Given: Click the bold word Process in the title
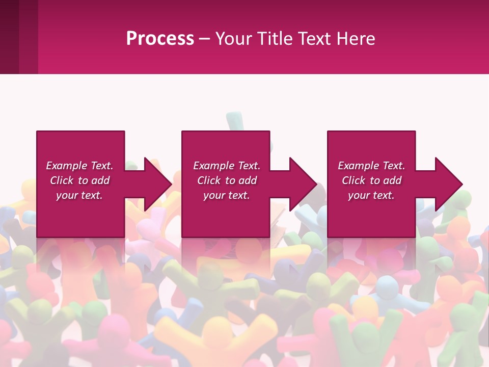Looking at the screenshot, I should coord(160,39).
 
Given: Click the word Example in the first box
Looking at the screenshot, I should coord(67,166).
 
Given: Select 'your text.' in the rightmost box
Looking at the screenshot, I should coord(371,195).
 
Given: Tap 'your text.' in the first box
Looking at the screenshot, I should coord(79,195).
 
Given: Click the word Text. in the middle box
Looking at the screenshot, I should coord(247,166).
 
